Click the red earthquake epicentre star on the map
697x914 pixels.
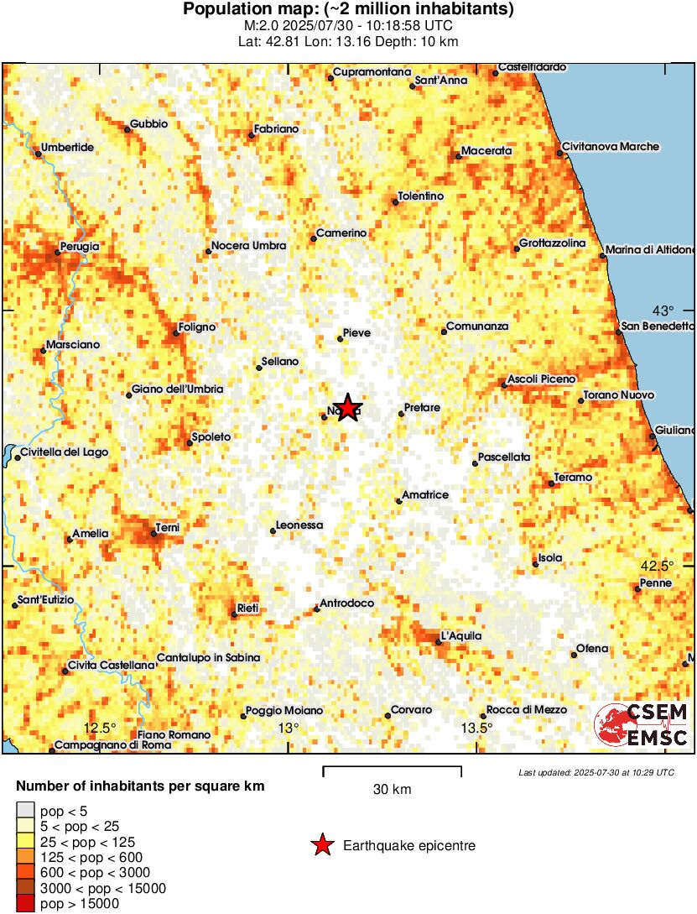click(347, 409)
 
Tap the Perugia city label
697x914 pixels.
click(79, 247)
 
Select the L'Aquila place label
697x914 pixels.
click(462, 636)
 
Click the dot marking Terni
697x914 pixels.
click(153, 533)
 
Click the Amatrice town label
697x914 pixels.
click(425, 495)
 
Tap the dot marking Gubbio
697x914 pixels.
click(127, 129)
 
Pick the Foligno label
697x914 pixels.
click(197, 327)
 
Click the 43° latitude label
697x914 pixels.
click(663, 310)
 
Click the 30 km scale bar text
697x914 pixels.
click(392, 790)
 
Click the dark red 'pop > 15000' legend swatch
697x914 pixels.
click(27, 904)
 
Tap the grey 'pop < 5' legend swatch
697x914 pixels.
click(27, 810)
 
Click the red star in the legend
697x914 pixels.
click(321, 846)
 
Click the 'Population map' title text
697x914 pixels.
click(348, 10)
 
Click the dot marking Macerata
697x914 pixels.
click(459, 155)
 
